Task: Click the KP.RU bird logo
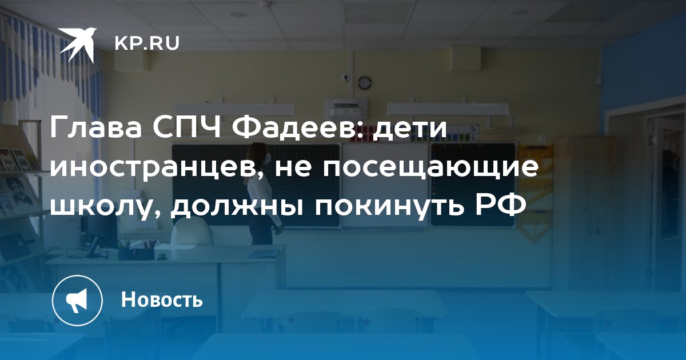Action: [x=77, y=45]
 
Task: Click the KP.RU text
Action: [x=147, y=43]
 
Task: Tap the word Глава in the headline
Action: [x=95, y=127]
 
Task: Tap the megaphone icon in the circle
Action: [x=77, y=301]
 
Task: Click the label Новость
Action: [x=162, y=299]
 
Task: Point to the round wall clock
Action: [x=365, y=82]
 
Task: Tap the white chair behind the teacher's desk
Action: [x=192, y=233]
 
